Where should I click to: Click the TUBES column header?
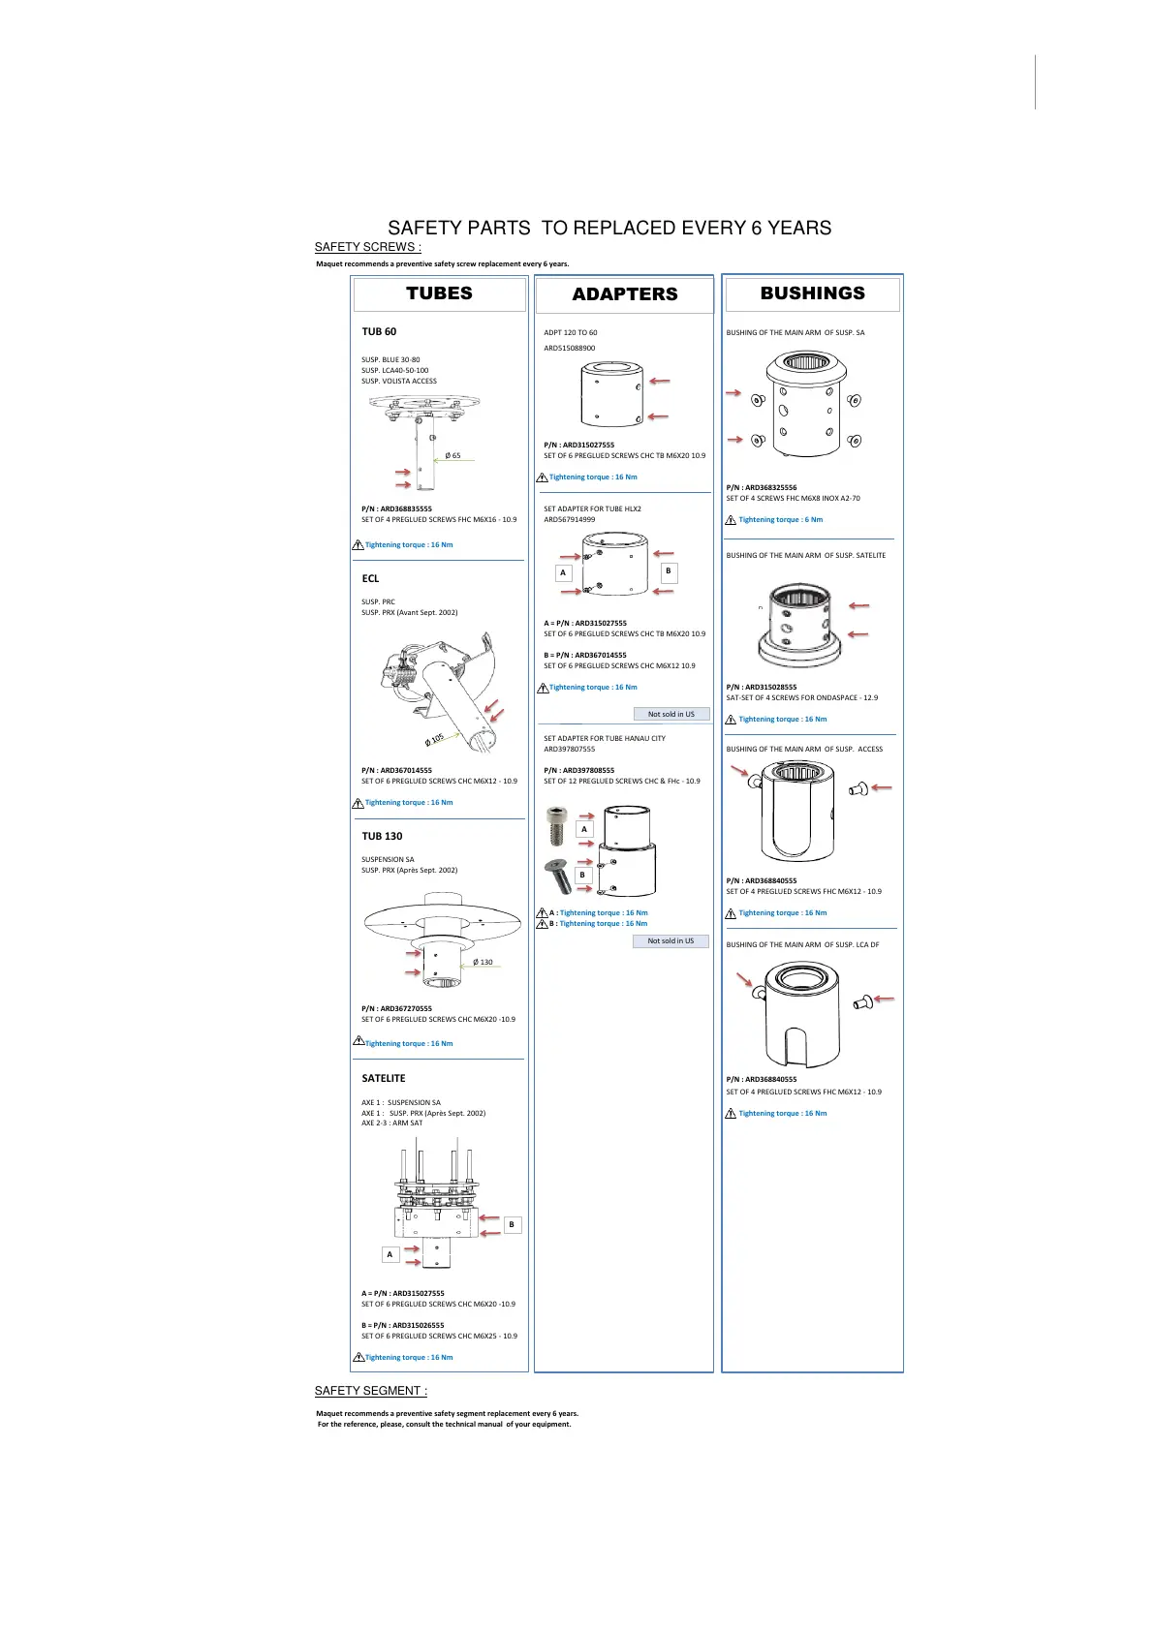[x=439, y=293]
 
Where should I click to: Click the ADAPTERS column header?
[x=625, y=294]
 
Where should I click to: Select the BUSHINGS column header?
[x=812, y=293]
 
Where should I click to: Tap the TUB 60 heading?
[x=379, y=331]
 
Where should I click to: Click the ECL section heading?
[x=370, y=578]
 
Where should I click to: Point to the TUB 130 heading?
[x=382, y=836]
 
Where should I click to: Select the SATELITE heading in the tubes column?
[x=384, y=1078]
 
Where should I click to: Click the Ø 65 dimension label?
[x=452, y=455]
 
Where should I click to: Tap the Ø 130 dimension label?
[x=483, y=962]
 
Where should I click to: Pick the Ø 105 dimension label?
[x=434, y=739]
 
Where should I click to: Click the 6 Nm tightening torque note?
[x=780, y=519]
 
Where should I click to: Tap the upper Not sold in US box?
[x=671, y=714]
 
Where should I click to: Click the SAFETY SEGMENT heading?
[x=370, y=1391]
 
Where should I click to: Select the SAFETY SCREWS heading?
[x=367, y=247]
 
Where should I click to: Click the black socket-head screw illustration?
[x=556, y=826]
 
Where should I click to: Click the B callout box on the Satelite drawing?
[x=512, y=1224]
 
